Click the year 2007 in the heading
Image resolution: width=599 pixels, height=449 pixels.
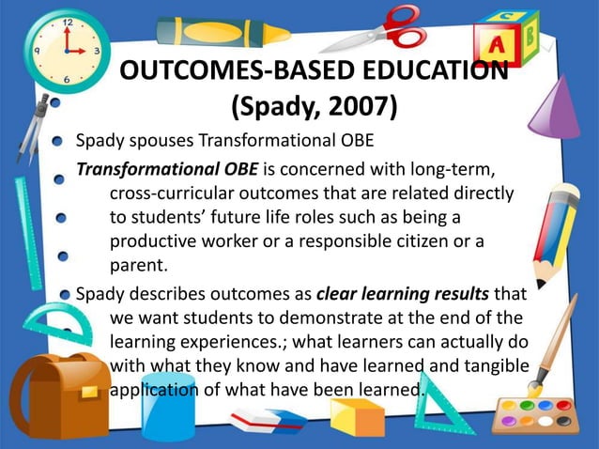353,108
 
